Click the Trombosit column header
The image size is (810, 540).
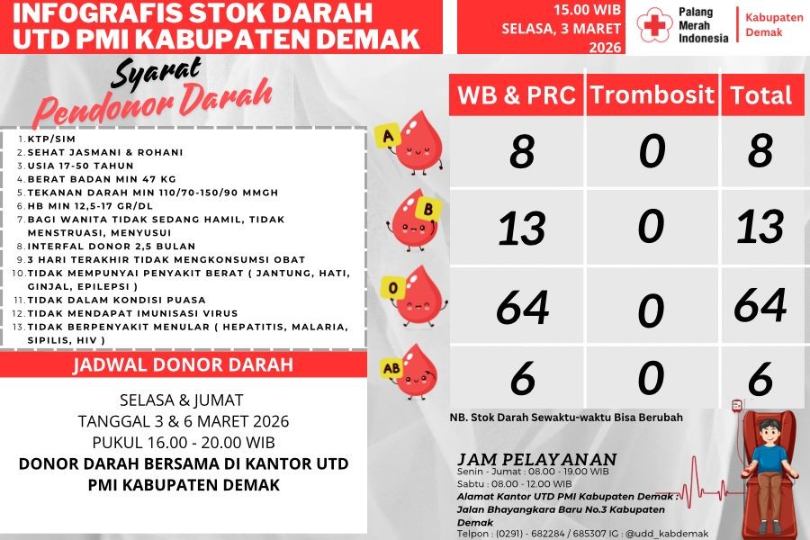pyautogui.click(x=652, y=95)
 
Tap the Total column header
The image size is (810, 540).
pyautogui.click(x=760, y=95)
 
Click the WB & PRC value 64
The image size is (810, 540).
pyautogui.click(x=522, y=307)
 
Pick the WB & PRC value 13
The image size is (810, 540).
pyautogui.click(x=522, y=229)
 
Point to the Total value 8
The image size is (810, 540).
pyautogui.click(x=760, y=150)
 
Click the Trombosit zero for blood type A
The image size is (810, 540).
pyautogui.click(x=652, y=150)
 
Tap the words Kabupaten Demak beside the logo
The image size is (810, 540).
pyautogui.click(x=764, y=24)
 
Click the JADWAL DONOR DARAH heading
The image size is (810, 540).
pyautogui.click(x=183, y=364)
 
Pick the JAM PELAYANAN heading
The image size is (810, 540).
pyautogui.click(x=537, y=458)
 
